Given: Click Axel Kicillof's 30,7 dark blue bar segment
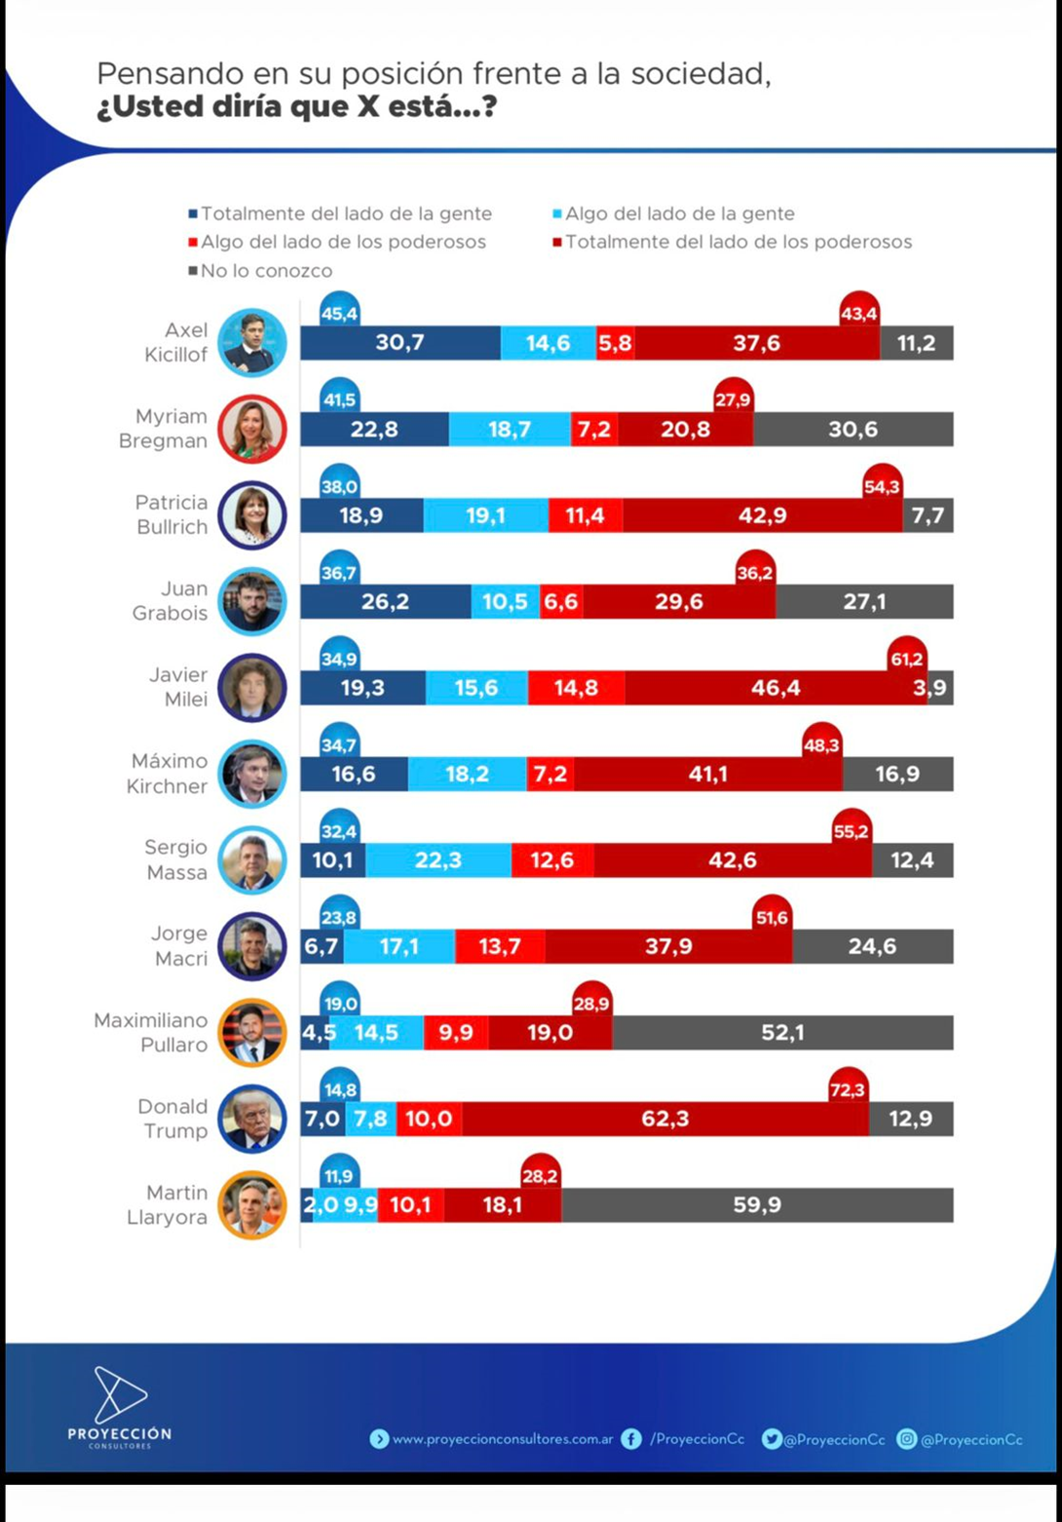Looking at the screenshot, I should [x=399, y=343].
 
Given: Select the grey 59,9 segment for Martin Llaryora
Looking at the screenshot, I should [x=757, y=1205].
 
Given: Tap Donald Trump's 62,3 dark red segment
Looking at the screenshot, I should [x=664, y=1119].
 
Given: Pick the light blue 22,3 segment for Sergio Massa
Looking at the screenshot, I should [x=438, y=860].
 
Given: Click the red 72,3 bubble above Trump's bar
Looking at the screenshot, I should [x=848, y=1089].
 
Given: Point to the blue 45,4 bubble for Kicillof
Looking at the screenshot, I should [x=339, y=313].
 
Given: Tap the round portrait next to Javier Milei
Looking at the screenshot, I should [x=252, y=688].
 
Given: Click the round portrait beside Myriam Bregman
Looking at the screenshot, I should [x=252, y=429].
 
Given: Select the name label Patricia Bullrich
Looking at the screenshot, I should [x=171, y=514].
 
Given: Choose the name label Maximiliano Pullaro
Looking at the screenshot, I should [x=151, y=1032].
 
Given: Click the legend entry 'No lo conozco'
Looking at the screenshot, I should [x=265, y=271].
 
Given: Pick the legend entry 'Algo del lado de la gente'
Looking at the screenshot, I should [x=679, y=213].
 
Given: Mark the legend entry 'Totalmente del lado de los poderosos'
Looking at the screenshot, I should [x=738, y=242].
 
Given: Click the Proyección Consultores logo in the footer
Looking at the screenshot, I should [x=120, y=1406].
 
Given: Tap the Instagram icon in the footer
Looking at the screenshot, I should [x=907, y=1439].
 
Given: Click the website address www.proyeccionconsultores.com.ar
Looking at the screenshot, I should [x=502, y=1439].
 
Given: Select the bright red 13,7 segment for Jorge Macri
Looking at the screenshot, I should [x=500, y=946].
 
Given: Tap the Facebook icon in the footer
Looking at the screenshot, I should [x=631, y=1439].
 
